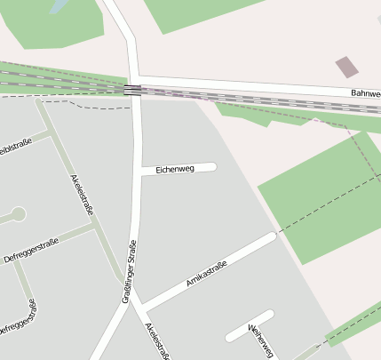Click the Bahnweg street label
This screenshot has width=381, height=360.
tap(365, 93)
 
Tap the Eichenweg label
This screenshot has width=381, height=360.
tap(174, 169)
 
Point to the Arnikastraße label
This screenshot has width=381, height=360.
tap(209, 274)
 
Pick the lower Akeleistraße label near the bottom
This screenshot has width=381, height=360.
tap(158, 343)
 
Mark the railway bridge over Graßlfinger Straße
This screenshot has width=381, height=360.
tap(132, 89)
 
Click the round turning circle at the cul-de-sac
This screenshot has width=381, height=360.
tap(18, 214)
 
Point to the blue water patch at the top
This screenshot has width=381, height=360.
tap(59, 6)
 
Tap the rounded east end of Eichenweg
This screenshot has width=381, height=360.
tap(212, 166)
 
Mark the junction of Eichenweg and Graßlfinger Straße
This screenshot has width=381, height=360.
tap(139, 171)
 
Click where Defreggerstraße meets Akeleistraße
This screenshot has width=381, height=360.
tap(95, 228)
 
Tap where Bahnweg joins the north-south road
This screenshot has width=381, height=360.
tap(136, 79)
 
